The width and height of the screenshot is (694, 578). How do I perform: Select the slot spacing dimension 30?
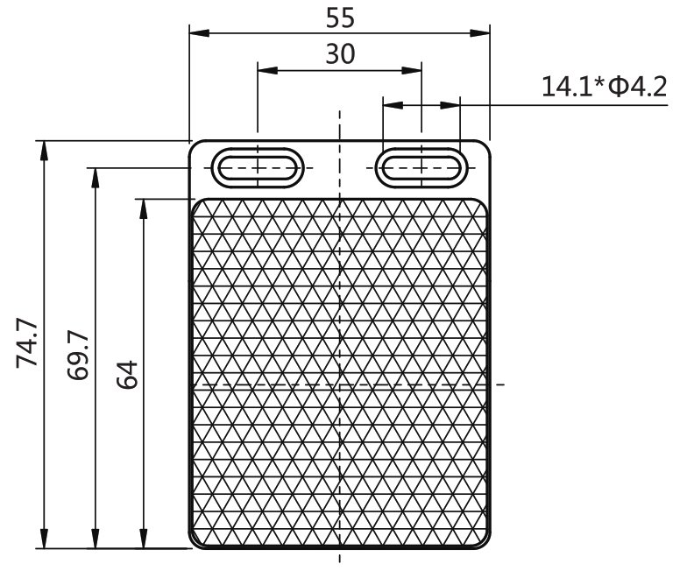pos(339,54)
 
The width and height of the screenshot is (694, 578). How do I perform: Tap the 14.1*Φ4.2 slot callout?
pos(605,86)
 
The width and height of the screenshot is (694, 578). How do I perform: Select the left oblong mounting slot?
pos(258,166)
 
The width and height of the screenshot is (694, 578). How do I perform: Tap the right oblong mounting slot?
pos(421,166)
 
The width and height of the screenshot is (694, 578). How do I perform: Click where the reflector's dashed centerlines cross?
pos(339,384)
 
